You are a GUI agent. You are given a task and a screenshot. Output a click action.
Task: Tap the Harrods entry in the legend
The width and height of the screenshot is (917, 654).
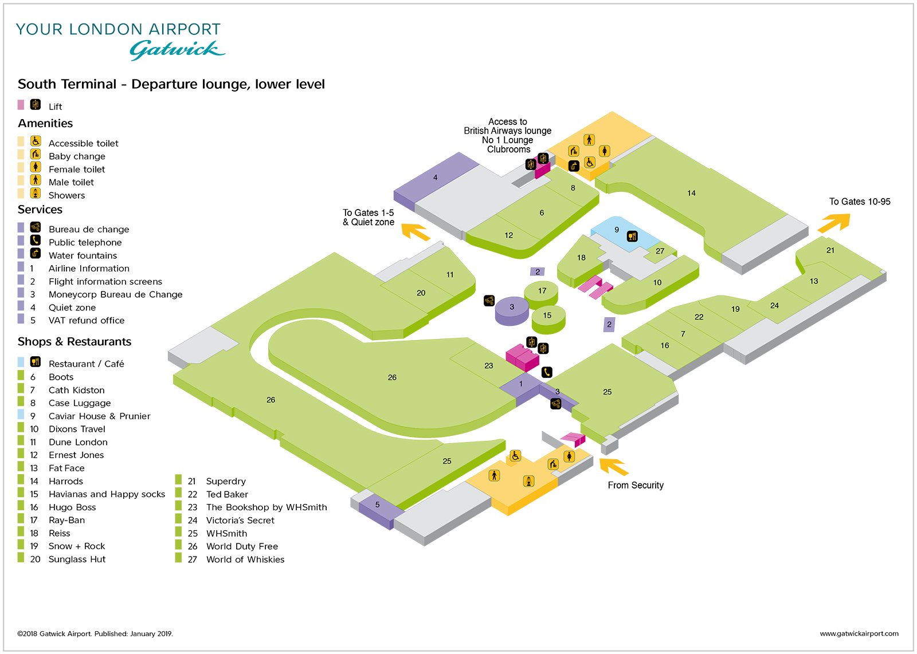tap(65, 481)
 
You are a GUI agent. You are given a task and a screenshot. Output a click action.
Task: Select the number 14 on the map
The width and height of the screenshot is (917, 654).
tap(691, 193)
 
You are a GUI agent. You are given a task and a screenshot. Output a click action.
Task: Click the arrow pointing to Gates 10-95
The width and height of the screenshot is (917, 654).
tap(834, 222)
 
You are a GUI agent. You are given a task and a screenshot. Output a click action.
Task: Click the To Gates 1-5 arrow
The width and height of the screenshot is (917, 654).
tap(416, 231)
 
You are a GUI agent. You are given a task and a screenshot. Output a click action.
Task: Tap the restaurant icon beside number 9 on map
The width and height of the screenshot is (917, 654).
tap(632, 236)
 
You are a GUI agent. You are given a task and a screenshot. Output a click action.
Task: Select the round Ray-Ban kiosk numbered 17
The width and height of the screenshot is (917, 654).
tap(542, 291)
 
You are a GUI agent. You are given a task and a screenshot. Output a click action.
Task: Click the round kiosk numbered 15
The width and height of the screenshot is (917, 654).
tap(548, 316)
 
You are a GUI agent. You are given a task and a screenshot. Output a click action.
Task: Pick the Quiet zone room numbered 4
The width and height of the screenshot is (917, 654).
tap(436, 178)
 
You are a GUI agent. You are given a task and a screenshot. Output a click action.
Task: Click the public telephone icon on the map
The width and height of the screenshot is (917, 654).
tap(547, 372)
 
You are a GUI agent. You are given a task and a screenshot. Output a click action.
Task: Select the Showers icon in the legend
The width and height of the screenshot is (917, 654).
tap(36, 193)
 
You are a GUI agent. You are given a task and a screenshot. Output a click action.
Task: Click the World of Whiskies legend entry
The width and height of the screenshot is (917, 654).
tap(245, 560)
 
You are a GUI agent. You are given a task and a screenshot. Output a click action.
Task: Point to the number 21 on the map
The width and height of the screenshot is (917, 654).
tap(830, 250)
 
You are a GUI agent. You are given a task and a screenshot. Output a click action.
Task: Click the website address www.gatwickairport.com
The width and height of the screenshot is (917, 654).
tap(859, 633)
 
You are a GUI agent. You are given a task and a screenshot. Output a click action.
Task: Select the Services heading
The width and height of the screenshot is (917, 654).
tap(40, 210)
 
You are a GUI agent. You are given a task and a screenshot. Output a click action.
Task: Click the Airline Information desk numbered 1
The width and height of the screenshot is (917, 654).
tap(520, 384)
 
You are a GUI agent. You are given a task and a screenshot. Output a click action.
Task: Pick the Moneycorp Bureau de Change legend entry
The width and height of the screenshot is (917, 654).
tap(115, 294)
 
